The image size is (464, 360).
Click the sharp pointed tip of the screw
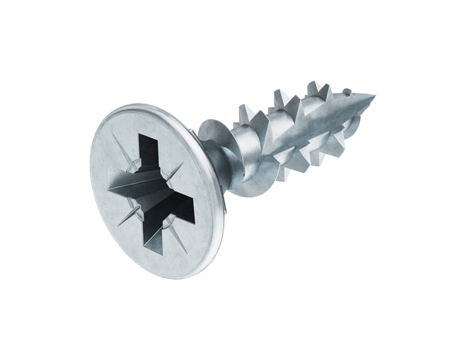coord(374,97)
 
